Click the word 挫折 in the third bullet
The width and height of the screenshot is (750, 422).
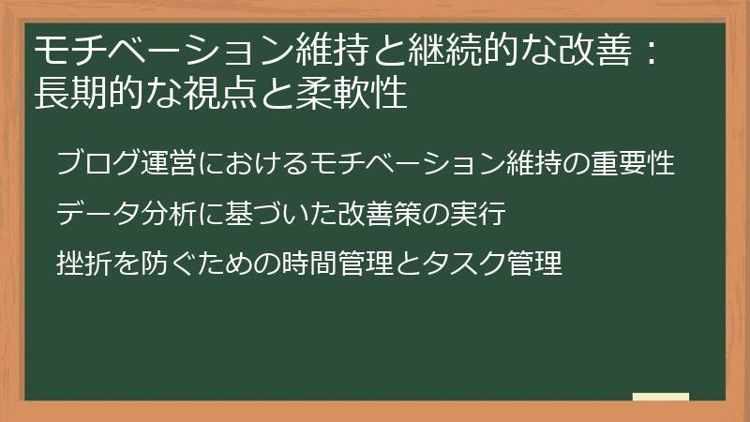[83, 264]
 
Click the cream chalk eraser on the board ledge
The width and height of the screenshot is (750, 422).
[661, 397]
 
